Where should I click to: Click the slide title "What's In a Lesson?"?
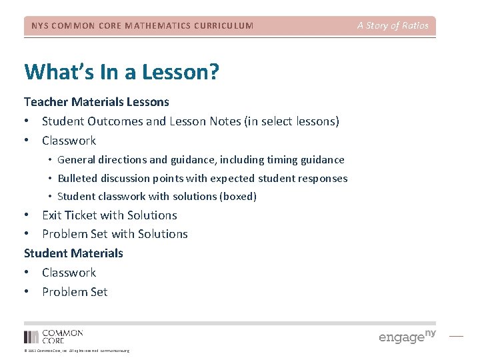coord(121,72)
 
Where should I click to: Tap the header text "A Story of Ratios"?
coord(393,26)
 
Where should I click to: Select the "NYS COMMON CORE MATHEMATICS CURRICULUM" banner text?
coord(143,26)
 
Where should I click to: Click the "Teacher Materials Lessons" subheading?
coord(97,102)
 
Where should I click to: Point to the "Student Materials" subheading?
coord(73,253)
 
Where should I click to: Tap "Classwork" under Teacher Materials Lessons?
coord(69,141)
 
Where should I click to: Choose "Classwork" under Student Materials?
coord(69,273)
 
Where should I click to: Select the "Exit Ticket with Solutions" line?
coord(109,215)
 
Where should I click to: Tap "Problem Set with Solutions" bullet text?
coord(115,234)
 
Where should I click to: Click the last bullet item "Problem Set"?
coord(74,292)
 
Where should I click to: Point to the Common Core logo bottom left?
coord(53,337)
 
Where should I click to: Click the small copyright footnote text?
coord(77,351)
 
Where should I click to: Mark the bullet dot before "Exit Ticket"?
coord(27,215)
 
